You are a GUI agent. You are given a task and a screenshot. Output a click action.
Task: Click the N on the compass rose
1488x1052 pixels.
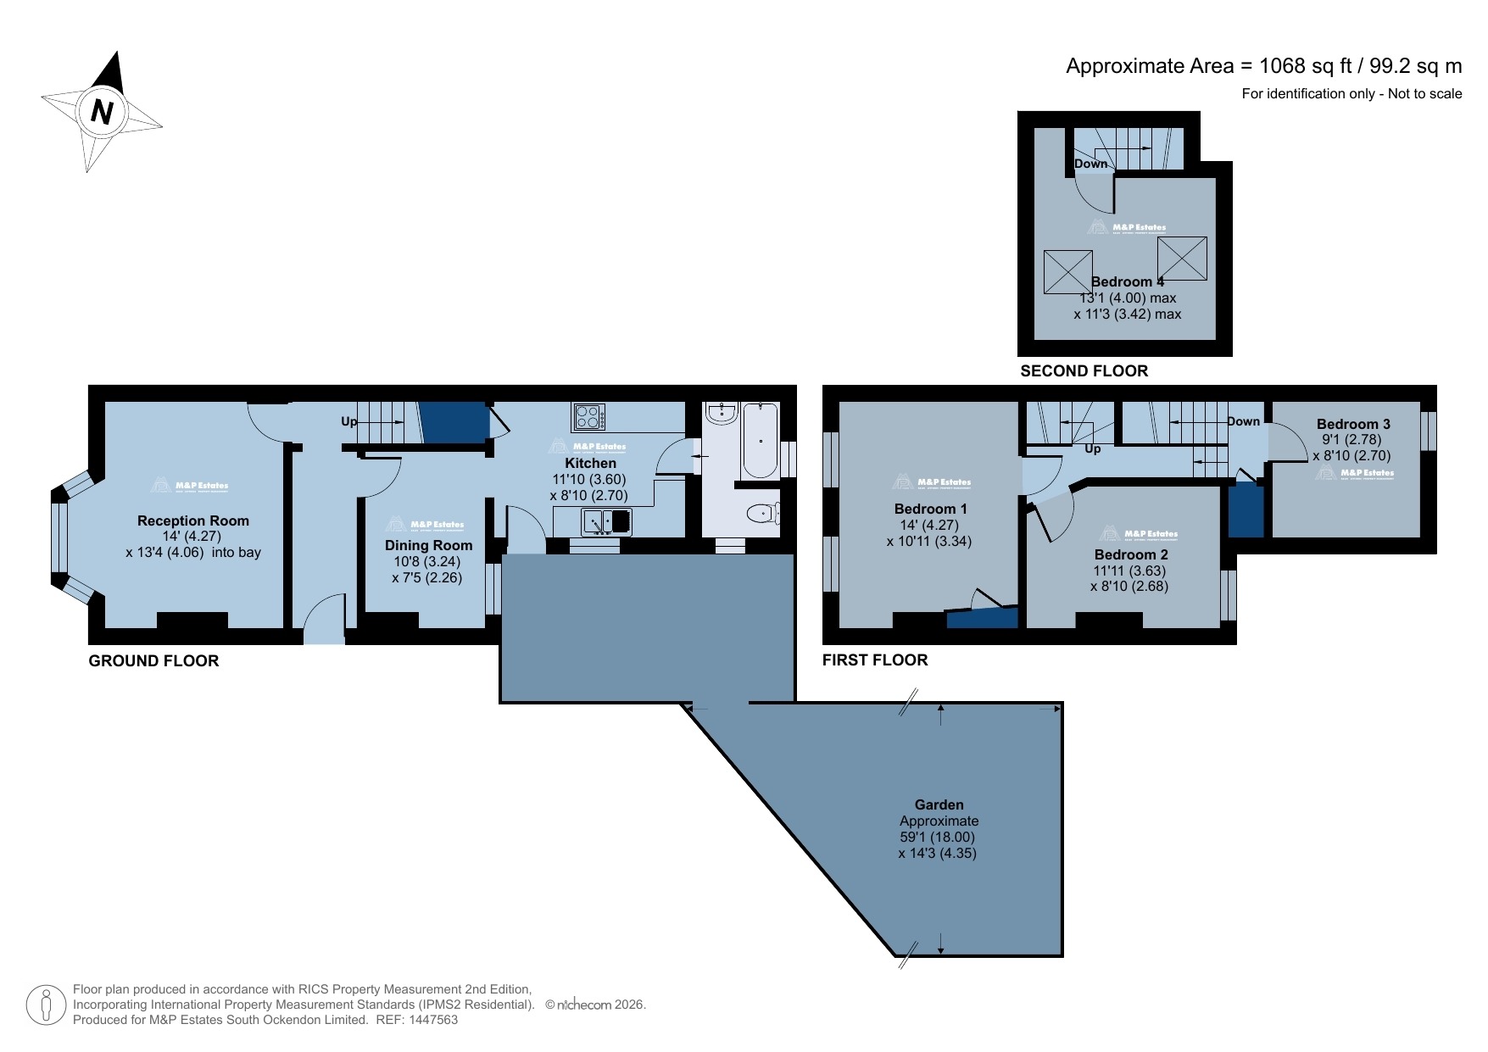click(102, 112)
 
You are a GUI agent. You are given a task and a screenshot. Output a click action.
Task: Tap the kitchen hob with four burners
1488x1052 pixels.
click(589, 417)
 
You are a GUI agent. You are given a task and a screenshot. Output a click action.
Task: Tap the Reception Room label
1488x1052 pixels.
click(193, 520)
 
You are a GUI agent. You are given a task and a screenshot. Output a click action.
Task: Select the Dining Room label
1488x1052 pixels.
click(428, 545)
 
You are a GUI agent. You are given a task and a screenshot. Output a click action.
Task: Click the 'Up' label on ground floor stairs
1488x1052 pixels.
click(348, 421)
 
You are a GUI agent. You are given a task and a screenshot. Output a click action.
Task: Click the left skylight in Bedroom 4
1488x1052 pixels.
click(1067, 272)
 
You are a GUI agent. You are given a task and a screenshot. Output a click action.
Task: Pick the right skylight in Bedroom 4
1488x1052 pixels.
click(1182, 258)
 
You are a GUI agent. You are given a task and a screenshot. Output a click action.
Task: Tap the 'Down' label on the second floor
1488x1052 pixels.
click(1090, 164)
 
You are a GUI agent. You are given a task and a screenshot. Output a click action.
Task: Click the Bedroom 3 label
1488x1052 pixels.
click(1353, 424)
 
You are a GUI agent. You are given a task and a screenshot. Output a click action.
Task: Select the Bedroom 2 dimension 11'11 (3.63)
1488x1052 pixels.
click(1129, 571)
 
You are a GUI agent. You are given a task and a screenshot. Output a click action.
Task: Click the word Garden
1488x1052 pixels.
click(939, 804)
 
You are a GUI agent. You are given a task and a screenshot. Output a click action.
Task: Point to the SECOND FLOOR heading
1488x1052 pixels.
click(1084, 370)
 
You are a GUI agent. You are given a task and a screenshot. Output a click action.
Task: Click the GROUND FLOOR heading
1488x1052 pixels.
click(153, 660)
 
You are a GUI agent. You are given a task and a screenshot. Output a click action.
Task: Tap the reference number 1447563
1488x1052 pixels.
click(433, 1020)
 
